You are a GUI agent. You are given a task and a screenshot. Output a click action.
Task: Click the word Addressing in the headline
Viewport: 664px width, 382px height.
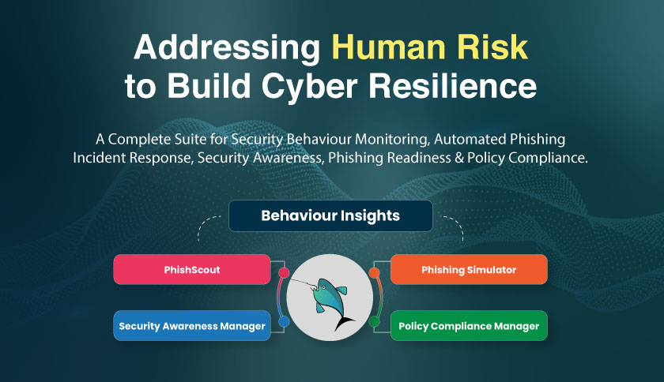[x=227, y=49]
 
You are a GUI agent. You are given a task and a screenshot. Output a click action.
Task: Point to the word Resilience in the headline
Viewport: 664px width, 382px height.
[x=453, y=85]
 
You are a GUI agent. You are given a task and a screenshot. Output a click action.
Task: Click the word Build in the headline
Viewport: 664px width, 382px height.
[x=209, y=85]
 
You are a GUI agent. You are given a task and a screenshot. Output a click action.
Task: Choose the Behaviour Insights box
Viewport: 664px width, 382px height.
[x=330, y=215]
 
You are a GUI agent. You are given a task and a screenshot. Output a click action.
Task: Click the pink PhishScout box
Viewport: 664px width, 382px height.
[x=192, y=269]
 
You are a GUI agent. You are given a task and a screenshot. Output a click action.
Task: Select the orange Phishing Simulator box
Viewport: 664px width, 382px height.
[x=469, y=269]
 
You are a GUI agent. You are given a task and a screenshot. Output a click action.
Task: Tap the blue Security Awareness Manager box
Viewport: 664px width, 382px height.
[x=192, y=326]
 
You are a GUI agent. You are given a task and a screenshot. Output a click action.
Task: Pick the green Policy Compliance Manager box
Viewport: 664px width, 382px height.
[x=469, y=326]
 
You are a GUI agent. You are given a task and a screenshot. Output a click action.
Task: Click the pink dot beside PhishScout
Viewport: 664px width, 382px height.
[x=284, y=273]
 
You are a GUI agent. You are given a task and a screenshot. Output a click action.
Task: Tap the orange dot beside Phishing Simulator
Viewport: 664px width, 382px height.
[x=375, y=273]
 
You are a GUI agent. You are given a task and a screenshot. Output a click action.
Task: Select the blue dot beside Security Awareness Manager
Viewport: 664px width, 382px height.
[x=284, y=321]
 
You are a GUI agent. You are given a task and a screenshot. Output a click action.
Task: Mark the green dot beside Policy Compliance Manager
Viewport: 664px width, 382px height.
[x=375, y=321]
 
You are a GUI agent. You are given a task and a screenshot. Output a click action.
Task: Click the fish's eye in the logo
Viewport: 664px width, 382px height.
[x=323, y=287]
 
